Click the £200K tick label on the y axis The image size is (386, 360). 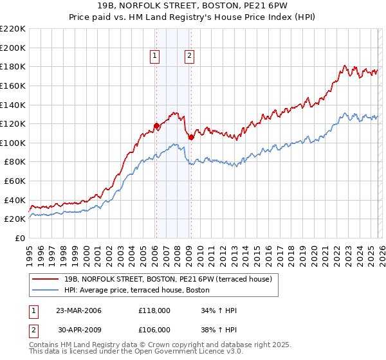(x=13, y=48)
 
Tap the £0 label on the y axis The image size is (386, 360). (x=21, y=239)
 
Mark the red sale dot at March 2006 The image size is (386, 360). (x=156, y=126)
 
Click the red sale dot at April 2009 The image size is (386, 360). (x=191, y=137)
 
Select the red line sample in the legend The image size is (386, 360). (x=46, y=279)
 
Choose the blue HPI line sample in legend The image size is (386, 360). (x=46, y=290)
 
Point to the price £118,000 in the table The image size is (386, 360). (x=154, y=310)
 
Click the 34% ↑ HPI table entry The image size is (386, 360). (x=219, y=310)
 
